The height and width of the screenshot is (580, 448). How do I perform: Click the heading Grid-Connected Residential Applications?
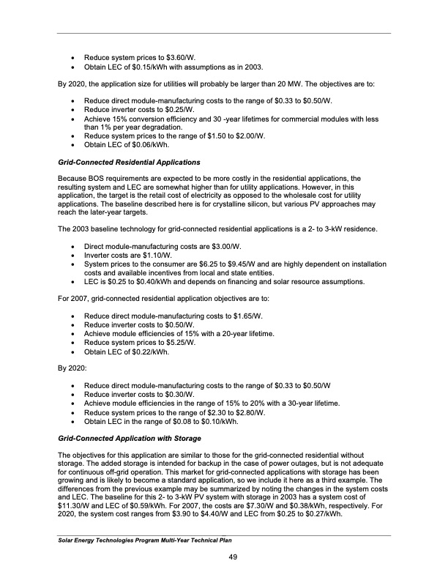pyautogui.click(x=126, y=160)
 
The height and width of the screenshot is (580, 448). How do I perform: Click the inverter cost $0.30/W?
pyautogui.click(x=178, y=394)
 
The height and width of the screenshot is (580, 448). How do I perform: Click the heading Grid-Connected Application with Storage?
pyautogui.click(x=130, y=439)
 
